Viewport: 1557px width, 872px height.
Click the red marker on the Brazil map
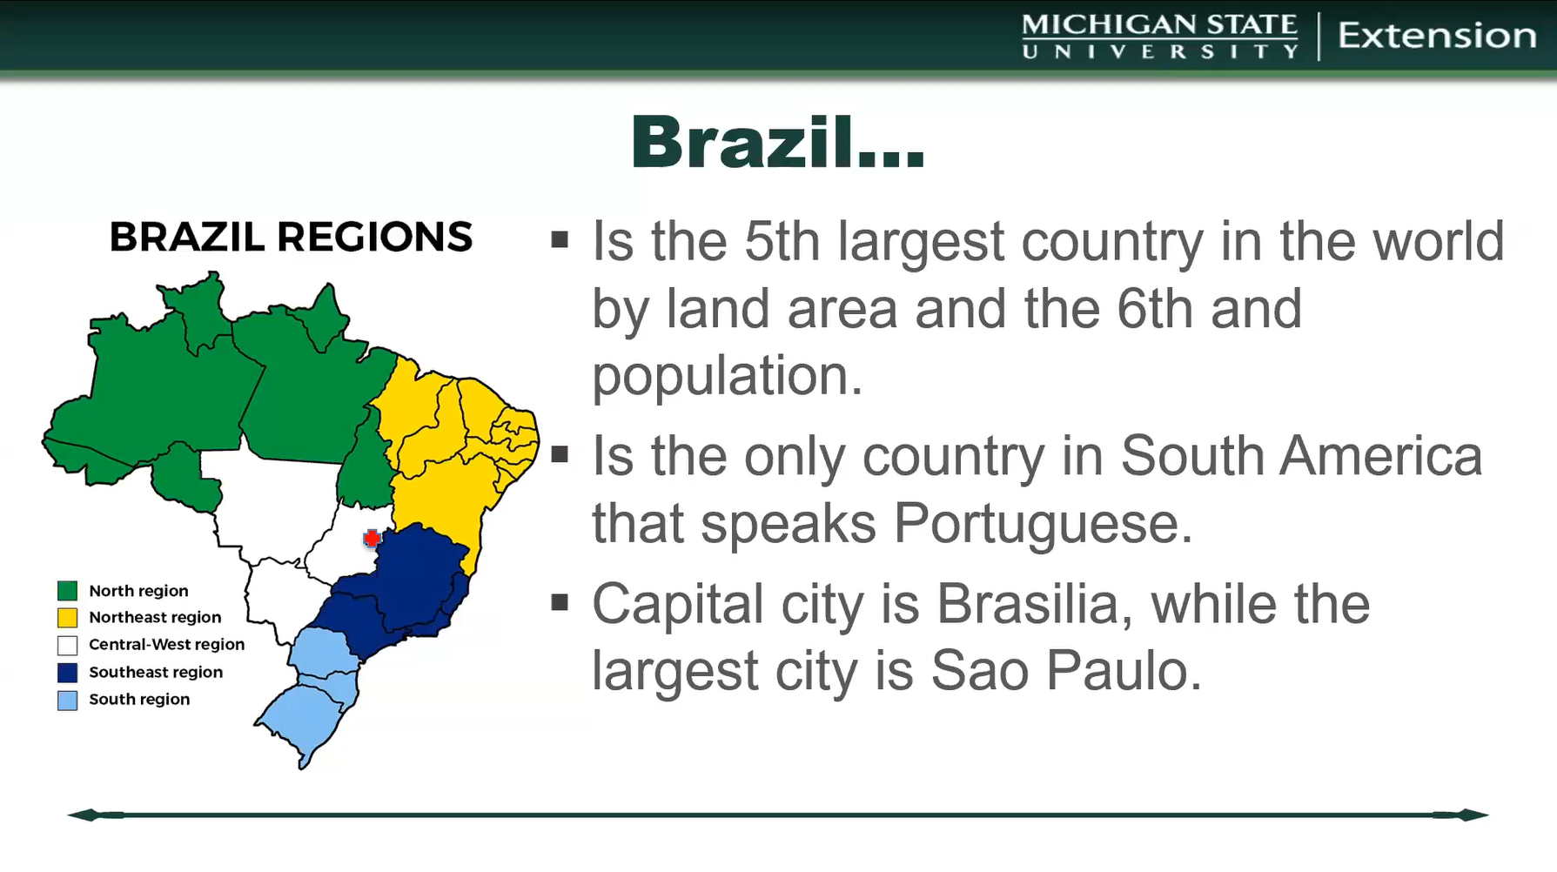372,539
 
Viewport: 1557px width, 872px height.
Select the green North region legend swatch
67,591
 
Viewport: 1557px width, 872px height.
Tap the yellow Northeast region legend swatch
67,618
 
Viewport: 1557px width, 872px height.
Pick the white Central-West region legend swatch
67,645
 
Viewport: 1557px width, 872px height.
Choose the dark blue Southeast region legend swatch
67,672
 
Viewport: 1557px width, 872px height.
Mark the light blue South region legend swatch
67,700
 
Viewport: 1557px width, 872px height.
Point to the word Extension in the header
1437,36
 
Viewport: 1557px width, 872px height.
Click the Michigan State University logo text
1159,36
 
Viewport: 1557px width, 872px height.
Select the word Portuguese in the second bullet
1042,523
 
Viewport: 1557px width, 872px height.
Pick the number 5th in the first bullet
782,241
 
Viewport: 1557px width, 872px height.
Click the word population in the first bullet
727,376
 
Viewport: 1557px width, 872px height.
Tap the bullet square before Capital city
560,601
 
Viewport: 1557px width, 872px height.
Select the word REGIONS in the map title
375,237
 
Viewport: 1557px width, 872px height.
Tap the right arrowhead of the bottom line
1471,815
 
